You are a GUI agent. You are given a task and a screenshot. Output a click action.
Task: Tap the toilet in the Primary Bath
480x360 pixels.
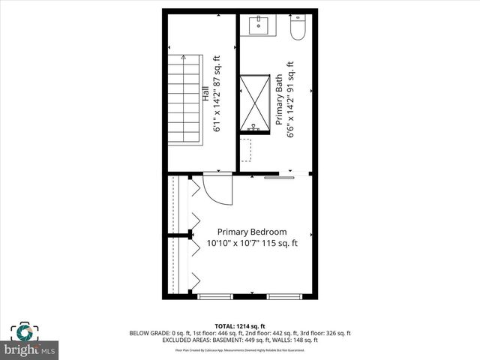(x=298, y=28)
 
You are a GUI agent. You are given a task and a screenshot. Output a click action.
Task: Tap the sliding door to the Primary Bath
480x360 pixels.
(x=279, y=178)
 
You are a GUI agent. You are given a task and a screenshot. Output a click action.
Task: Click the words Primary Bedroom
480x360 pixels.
(x=252, y=232)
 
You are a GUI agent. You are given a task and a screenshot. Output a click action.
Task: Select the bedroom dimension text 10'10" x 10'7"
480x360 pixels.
(x=252, y=243)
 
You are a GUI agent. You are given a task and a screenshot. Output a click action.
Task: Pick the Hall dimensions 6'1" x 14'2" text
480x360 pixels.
(x=217, y=96)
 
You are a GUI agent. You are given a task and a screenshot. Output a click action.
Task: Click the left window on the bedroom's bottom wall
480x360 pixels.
(x=214, y=297)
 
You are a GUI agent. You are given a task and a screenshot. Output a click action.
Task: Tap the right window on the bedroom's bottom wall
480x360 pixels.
(x=285, y=297)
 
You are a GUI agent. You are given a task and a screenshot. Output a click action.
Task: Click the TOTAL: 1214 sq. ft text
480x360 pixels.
(x=240, y=325)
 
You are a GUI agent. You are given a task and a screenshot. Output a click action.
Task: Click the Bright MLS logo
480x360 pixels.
(x=30, y=349)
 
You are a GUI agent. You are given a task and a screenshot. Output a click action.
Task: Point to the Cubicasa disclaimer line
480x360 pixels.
(x=240, y=349)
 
